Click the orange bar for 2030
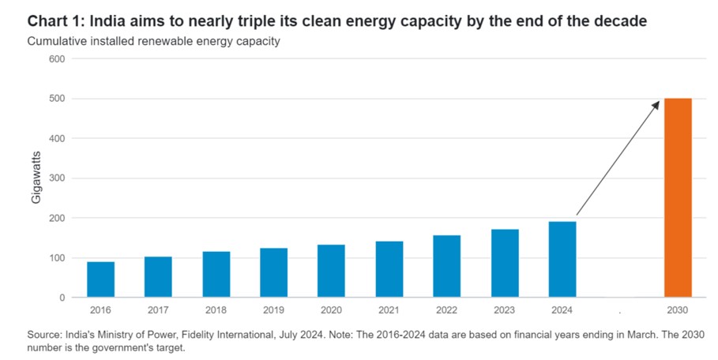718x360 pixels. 677,197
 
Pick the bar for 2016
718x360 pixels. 100,279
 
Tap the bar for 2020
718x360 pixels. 331,271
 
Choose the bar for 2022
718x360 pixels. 446,266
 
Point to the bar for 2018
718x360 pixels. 216,274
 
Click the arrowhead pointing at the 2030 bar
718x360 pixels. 656,104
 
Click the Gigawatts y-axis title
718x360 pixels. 36,178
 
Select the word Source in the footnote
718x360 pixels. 45,336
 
